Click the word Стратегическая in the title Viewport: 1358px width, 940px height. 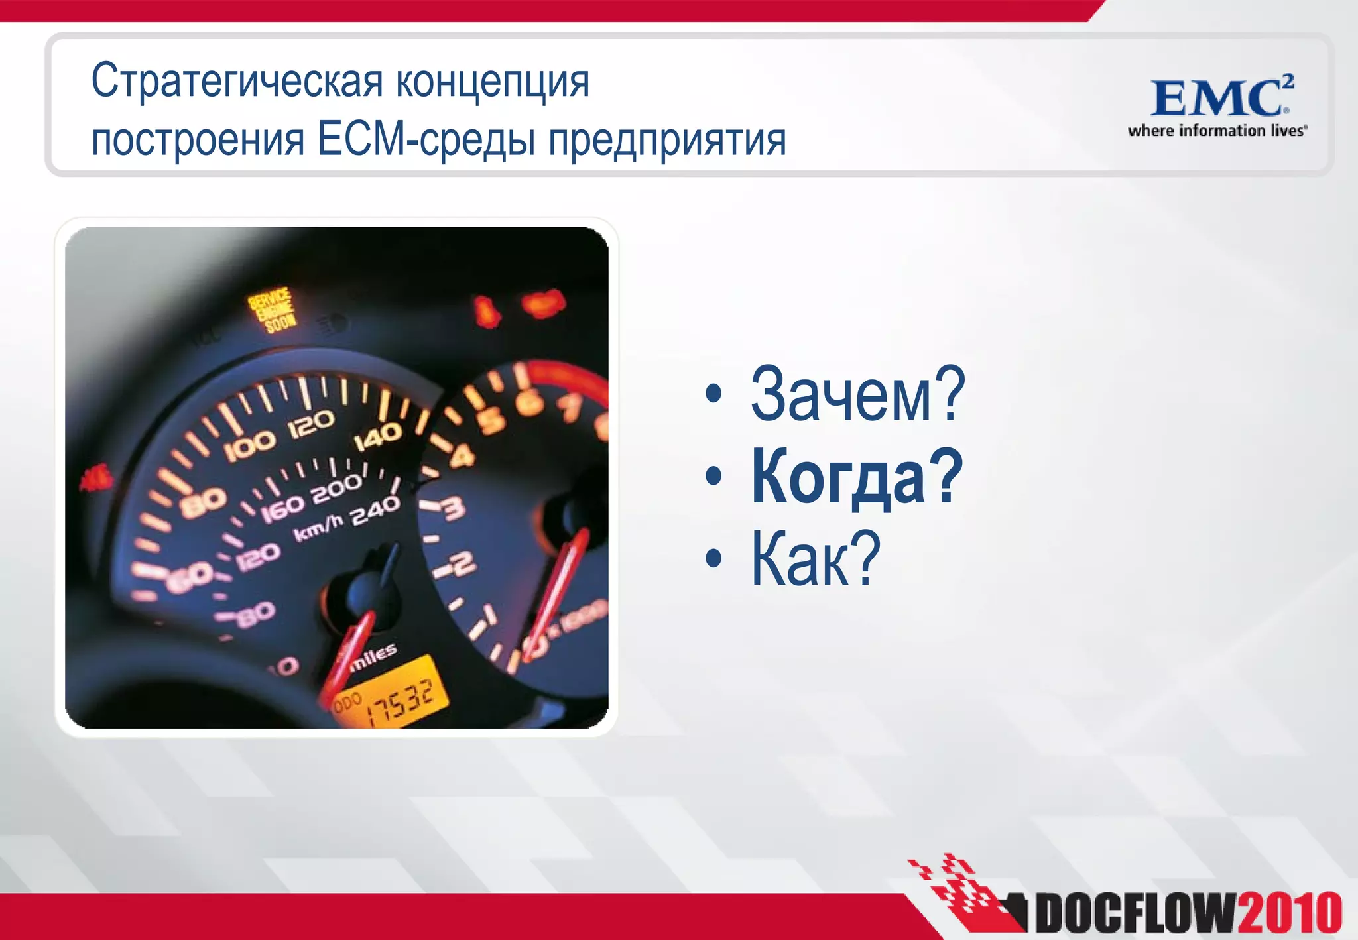pyautogui.click(x=237, y=81)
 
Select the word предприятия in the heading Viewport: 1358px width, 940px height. pyautogui.click(x=667, y=141)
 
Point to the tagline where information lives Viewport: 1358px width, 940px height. pyautogui.click(x=1217, y=131)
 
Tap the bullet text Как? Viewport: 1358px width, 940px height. pyautogui.click(x=815, y=558)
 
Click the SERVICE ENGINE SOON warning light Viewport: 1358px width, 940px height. pyautogui.click(x=271, y=310)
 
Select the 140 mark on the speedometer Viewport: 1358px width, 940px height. pyautogui.click(x=378, y=437)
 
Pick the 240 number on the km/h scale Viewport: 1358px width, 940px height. pyautogui.click(x=375, y=510)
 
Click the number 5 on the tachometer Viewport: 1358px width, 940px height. pyautogui.click(x=491, y=419)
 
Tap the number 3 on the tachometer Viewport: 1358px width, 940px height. pyautogui.click(x=453, y=509)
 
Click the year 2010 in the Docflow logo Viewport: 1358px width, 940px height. pyautogui.click(x=1289, y=913)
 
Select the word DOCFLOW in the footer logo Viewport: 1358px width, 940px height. pyautogui.click(x=1135, y=913)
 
